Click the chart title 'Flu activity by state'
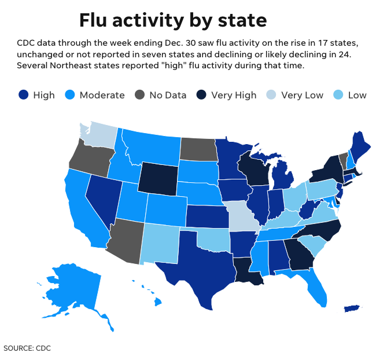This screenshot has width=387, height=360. coord(173,20)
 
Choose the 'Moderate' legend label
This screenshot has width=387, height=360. coord(102,95)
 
